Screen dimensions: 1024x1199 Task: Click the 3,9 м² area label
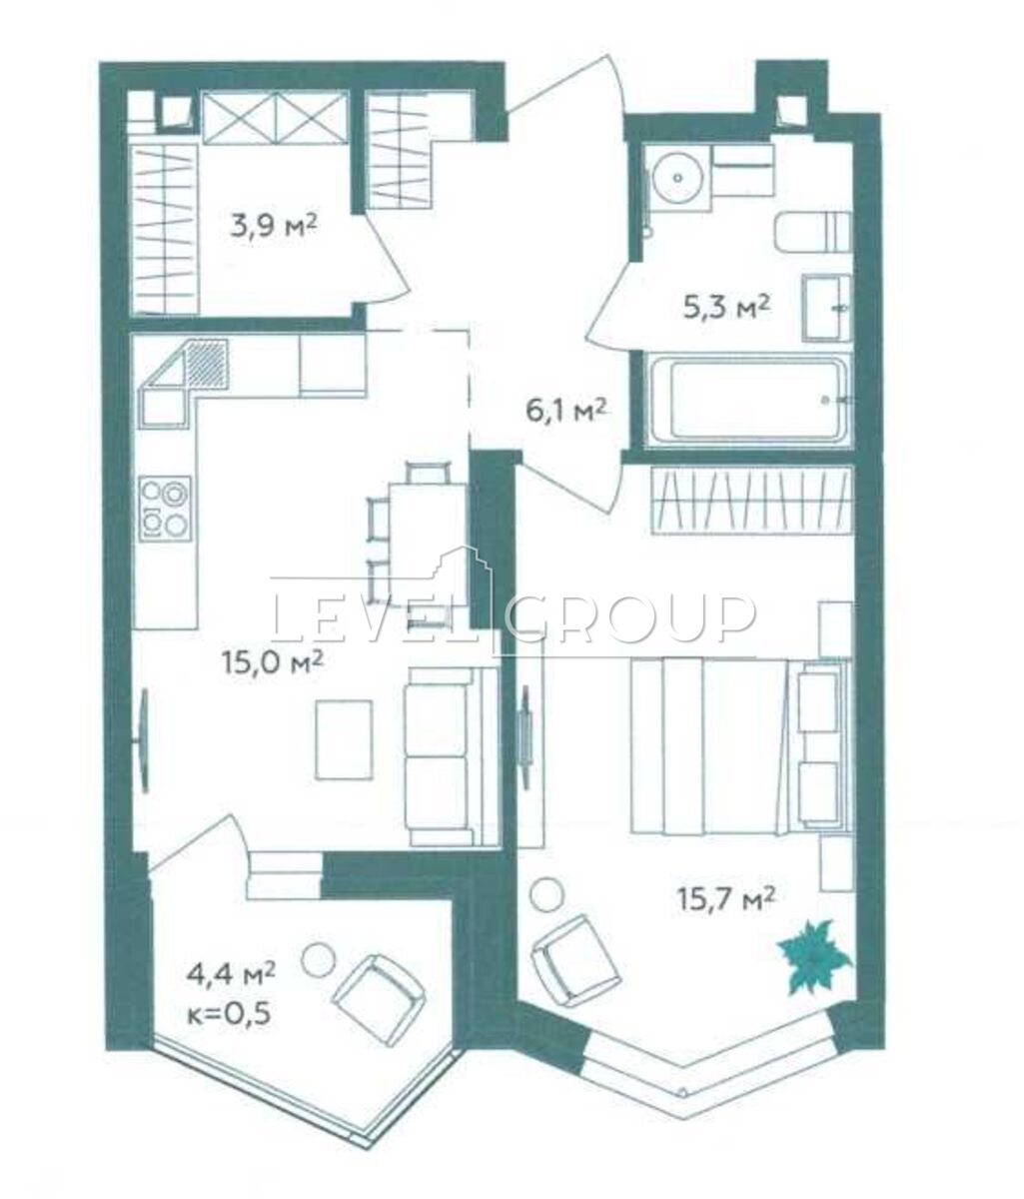pos(274,226)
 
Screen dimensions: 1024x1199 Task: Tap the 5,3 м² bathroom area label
pos(726,307)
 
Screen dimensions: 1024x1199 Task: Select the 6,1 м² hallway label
pos(565,412)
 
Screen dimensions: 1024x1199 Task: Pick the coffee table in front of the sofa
pos(344,739)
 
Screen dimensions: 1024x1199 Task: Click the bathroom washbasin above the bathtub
pos(827,308)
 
